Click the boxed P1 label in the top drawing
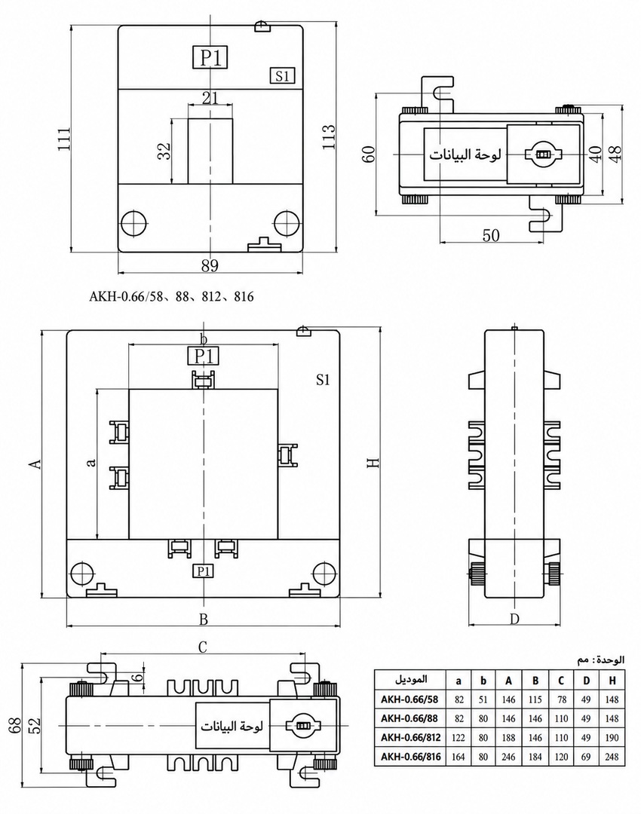coord(210,57)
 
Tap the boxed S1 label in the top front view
coord(282,76)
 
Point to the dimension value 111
coord(64,139)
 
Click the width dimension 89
coord(210,265)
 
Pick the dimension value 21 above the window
coord(210,97)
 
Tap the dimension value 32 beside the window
coord(164,151)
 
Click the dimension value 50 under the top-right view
coord(491,235)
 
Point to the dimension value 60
coord(368,155)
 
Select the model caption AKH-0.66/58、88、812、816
coord(171,296)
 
